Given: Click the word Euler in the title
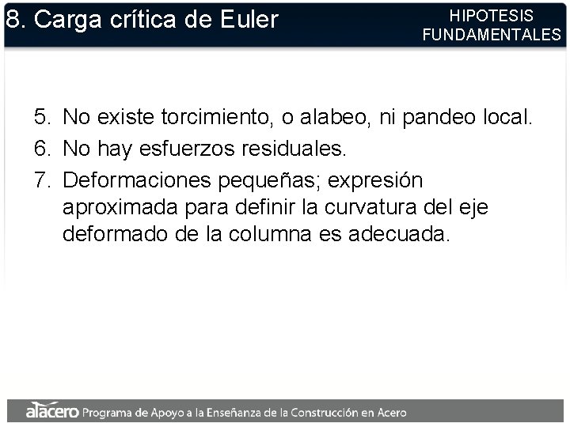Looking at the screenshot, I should coord(248,20).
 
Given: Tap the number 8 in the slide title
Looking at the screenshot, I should coord(12,20).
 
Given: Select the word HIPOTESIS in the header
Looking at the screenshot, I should coord(491,16).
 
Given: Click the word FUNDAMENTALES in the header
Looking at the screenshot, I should coord(491,35).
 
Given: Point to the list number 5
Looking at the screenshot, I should coord(40,119).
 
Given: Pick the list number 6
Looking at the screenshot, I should coord(40,149).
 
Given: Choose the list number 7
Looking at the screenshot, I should coord(40,180).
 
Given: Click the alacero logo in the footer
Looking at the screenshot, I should coord(51,411).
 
